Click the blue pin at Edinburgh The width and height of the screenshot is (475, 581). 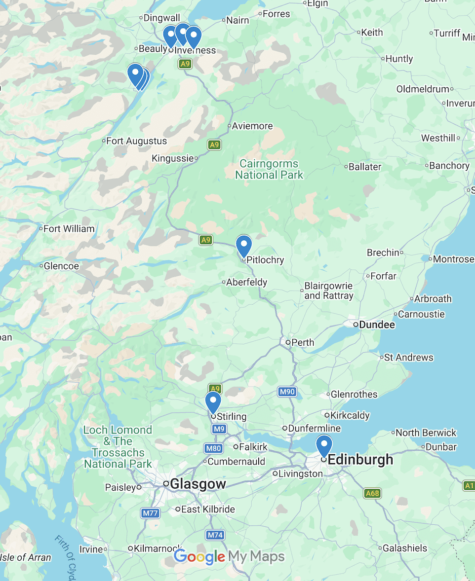point(324,446)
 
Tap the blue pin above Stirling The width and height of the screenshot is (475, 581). point(213,402)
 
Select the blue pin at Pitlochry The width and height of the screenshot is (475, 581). point(244,246)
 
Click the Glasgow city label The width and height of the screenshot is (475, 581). point(198,484)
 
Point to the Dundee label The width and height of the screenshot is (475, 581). point(377,325)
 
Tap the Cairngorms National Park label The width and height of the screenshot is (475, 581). point(269,169)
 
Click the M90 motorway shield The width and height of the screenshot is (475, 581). point(287,392)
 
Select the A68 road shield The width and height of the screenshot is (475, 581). point(372,493)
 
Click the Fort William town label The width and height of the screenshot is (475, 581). point(69,229)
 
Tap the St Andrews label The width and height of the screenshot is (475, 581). point(408,358)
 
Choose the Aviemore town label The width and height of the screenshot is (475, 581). point(252,126)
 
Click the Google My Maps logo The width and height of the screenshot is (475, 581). point(229,557)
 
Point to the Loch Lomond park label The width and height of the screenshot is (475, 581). point(118,447)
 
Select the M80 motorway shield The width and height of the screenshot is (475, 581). point(213,448)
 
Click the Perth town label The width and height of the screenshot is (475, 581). point(303,342)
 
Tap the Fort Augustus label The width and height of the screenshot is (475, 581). point(136,141)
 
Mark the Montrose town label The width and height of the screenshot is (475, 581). point(453,259)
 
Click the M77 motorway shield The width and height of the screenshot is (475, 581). point(151,513)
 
